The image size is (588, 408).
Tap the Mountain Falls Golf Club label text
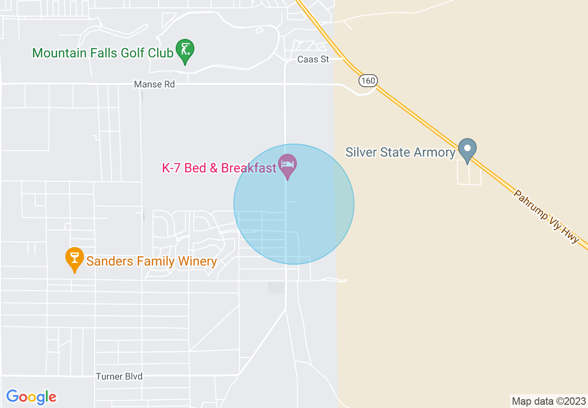[x=102, y=53]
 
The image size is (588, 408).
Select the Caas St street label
[x=313, y=59]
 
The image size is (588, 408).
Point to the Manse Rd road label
[x=154, y=84]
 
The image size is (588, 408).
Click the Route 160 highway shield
[x=368, y=81]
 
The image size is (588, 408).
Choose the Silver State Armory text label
[x=401, y=152]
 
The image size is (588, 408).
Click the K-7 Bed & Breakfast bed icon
[x=288, y=165]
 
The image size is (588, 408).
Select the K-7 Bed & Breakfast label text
[x=219, y=168]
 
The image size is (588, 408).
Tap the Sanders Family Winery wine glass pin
[x=74, y=258]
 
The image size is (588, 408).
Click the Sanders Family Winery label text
[x=152, y=261]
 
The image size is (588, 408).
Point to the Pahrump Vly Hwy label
[x=546, y=216]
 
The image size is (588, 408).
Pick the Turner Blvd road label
[x=119, y=376]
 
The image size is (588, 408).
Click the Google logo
[x=32, y=397]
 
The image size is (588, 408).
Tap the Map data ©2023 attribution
[x=549, y=401]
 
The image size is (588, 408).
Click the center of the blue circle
[x=294, y=204]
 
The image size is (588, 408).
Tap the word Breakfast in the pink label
[x=249, y=168]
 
